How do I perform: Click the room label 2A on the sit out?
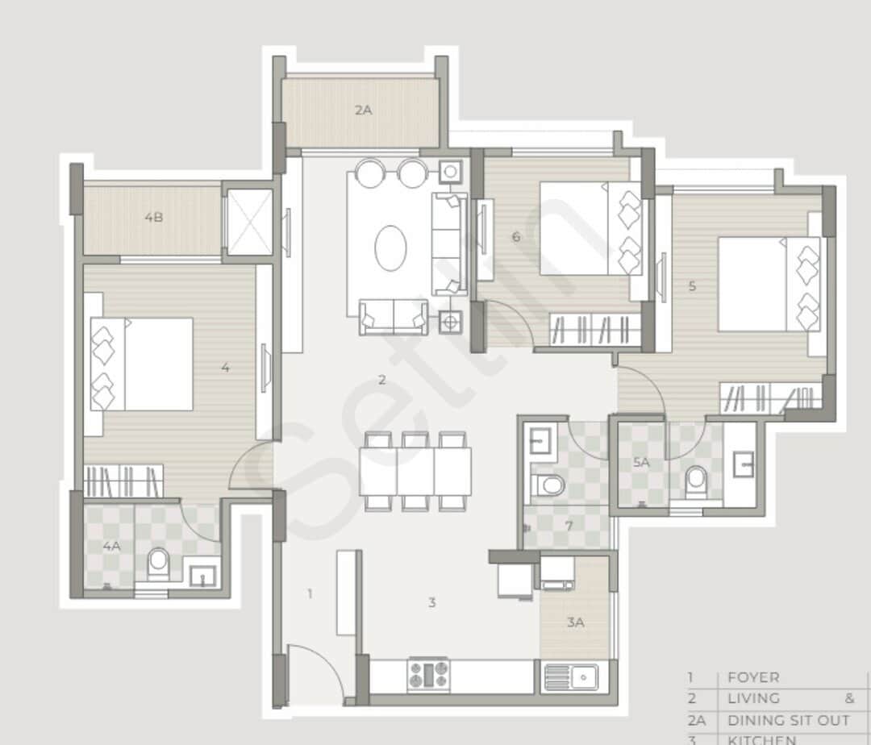pos(363,110)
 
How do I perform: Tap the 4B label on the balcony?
pos(153,217)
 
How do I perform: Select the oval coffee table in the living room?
pos(392,248)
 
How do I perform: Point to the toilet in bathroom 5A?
pos(696,483)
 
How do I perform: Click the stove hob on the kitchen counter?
pos(428,675)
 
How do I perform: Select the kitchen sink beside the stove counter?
pos(570,676)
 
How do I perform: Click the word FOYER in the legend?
pos(753,678)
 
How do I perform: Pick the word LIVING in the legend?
pos(753,698)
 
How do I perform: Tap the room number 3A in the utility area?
pos(575,622)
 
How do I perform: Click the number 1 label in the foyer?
pos(310,594)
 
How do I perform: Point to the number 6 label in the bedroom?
pos(515,236)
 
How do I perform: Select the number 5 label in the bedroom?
pos(692,285)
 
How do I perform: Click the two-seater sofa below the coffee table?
pos(393,317)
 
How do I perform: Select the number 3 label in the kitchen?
pos(432,602)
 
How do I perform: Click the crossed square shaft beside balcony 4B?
pos(249,223)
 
